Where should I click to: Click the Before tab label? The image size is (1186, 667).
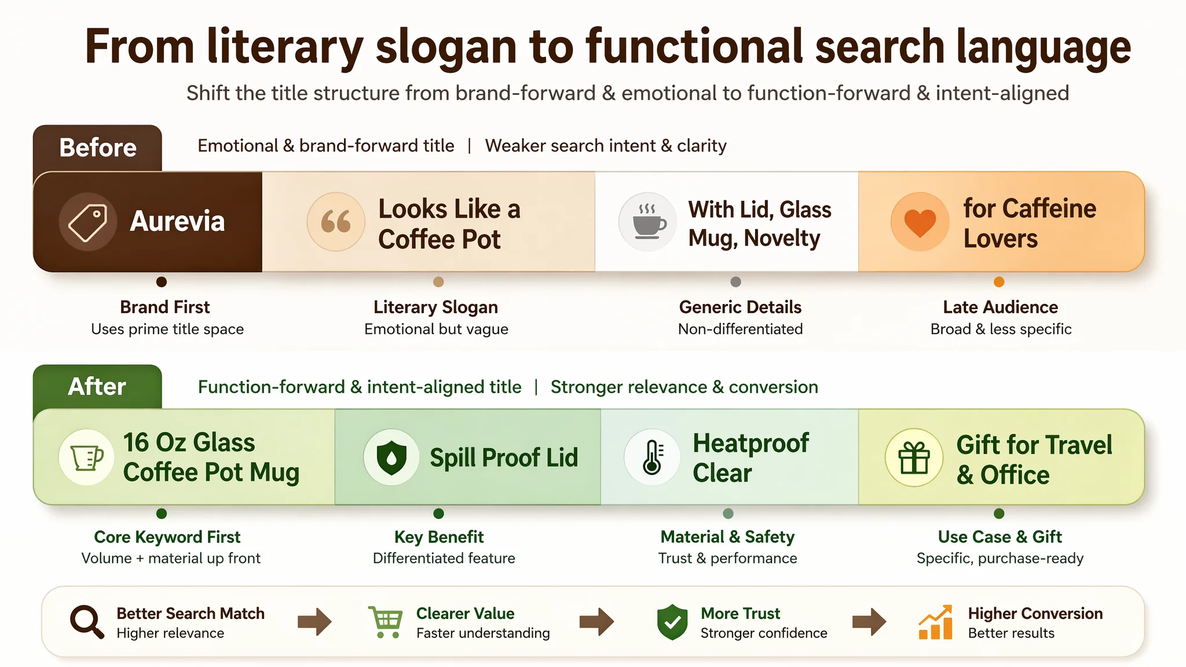(98, 148)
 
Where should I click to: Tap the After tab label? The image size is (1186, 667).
(97, 386)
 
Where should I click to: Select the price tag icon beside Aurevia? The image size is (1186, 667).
(87, 222)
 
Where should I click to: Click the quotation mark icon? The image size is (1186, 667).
(336, 222)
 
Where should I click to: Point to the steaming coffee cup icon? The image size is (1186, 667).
(648, 222)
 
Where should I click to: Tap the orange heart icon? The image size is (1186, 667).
(920, 222)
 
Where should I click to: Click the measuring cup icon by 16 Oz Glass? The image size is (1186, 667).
(86, 458)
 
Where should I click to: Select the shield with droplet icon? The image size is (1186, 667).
(391, 457)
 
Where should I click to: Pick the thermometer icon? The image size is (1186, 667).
(653, 457)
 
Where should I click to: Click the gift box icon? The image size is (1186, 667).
(914, 457)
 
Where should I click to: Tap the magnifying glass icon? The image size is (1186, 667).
(87, 622)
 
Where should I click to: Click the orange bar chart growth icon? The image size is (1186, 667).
(935, 622)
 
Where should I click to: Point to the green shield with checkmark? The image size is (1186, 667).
(672, 622)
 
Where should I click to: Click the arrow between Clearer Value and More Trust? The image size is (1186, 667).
(596, 622)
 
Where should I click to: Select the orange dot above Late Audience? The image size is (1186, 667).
(999, 282)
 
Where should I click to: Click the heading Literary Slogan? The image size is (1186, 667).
(435, 307)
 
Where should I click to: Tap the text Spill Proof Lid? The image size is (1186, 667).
(504, 457)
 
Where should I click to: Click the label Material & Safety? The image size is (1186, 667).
(727, 537)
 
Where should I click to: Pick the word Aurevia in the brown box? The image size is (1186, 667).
(177, 221)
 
